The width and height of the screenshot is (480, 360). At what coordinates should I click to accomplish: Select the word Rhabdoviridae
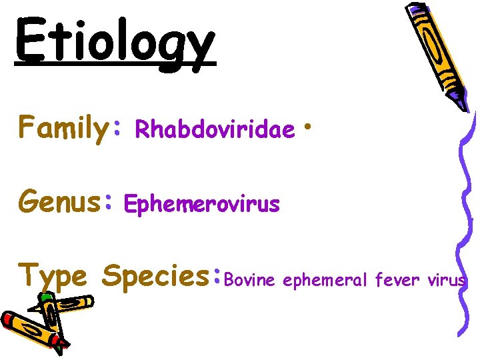click(x=215, y=130)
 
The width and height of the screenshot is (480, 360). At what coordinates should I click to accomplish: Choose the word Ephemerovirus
click(x=202, y=204)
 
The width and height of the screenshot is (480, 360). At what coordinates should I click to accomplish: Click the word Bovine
click(x=251, y=281)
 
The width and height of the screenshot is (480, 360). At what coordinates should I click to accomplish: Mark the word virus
click(x=446, y=281)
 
